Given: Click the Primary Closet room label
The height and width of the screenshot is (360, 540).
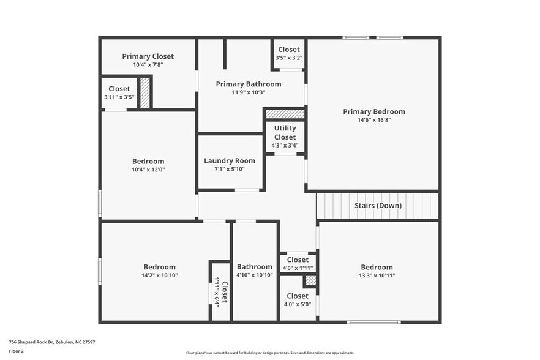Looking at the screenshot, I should point(148,56).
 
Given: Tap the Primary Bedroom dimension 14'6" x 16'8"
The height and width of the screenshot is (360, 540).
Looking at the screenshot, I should point(373,121).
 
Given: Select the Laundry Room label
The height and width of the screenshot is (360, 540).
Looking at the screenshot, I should point(229,161).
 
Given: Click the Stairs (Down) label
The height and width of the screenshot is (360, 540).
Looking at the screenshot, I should point(378,206).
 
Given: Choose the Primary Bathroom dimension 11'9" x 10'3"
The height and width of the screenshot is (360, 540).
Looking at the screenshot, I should point(248,92).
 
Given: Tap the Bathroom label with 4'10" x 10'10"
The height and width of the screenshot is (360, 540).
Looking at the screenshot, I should point(254,267).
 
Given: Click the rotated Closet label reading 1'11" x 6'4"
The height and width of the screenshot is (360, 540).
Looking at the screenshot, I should point(220,292).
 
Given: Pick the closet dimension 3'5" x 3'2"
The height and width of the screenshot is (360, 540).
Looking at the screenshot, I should point(289,58).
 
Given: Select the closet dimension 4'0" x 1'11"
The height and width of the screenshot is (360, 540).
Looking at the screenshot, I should point(298,268).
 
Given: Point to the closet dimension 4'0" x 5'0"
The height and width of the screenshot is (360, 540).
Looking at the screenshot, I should point(298,304).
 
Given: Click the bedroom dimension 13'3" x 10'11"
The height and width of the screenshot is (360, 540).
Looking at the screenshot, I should point(377,276).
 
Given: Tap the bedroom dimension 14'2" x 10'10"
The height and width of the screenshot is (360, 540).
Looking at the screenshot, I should point(159,276).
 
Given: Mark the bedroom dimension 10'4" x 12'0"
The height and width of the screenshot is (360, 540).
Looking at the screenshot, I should point(148,170).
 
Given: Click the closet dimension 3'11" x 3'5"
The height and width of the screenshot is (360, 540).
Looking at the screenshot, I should point(119,97).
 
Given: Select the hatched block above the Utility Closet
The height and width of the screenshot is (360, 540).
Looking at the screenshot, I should point(285,114).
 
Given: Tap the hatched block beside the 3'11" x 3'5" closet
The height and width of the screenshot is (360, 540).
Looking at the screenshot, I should point(145,93).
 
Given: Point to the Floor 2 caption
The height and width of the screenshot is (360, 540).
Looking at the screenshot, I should point(17,351).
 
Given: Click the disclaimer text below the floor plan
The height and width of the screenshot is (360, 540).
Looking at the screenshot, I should point(269,353).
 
